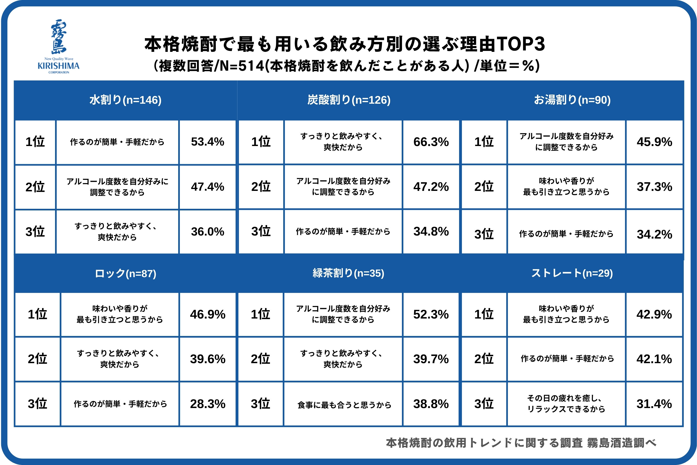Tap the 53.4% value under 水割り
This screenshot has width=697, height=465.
[x=207, y=142]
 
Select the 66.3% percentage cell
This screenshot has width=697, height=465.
[x=431, y=142]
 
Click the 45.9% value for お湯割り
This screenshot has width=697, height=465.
[x=654, y=142]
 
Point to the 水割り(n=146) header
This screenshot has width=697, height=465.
[x=125, y=100]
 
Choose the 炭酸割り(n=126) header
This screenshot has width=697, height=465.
[x=349, y=100]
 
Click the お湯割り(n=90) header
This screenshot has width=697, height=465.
[x=572, y=100]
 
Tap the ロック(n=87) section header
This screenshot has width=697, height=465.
[x=125, y=273]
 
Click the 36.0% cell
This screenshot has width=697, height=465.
[x=207, y=232]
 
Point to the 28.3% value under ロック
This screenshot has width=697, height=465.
[x=207, y=404]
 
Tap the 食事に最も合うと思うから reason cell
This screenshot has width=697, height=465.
[x=344, y=405]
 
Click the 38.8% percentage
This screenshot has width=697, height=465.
[x=431, y=404]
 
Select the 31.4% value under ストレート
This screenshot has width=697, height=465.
[x=654, y=404]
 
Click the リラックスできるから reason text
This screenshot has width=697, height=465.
[x=566, y=409]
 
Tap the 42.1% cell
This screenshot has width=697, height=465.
[x=654, y=359]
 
